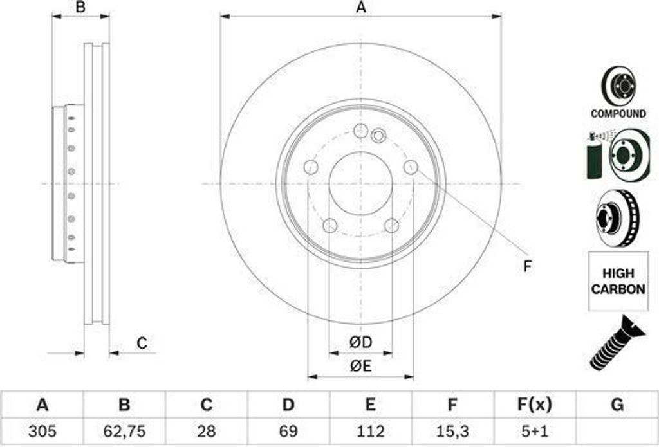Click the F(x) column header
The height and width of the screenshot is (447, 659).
click(534, 405)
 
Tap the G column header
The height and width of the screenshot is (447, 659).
click(617, 405)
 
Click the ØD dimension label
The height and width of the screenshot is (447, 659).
click(361, 343)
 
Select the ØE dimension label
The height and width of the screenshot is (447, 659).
click(361, 366)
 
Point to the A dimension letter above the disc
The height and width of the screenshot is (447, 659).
click(361, 8)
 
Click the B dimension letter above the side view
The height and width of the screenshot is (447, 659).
click(80, 8)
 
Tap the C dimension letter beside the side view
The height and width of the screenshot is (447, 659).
click(142, 343)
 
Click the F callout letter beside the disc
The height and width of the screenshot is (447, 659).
click(527, 266)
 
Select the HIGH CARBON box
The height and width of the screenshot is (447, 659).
click(618, 281)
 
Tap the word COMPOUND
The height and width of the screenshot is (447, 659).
click(618, 114)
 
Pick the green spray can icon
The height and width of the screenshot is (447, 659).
click(593, 161)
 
